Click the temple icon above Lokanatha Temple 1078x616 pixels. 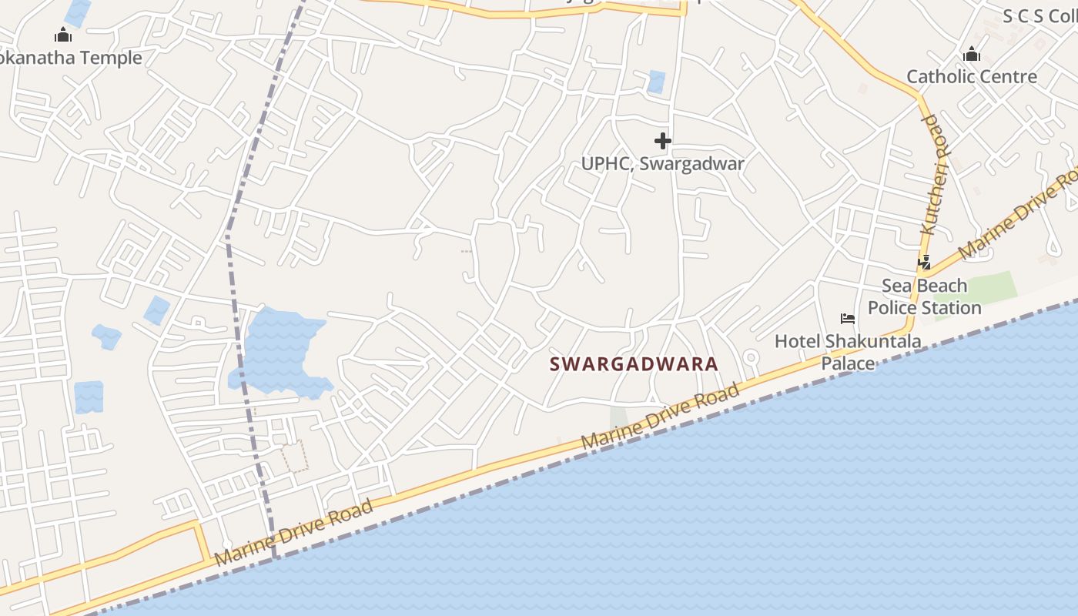point(63,35)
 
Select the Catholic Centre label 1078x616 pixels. point(972,76)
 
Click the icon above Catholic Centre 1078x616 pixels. point(972,54)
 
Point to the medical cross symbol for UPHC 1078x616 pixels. point(662,141)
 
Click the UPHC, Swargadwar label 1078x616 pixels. point(662,163)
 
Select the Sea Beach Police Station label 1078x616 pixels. point(924,296)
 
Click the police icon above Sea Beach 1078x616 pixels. point(924,263)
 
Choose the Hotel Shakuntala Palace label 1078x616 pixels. point(848,351)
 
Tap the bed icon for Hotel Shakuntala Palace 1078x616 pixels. point(848,319)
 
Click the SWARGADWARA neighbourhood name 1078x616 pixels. point(634,364)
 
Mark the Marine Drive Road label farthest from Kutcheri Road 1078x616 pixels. point(295,532)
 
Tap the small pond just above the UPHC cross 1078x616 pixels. point(656,81)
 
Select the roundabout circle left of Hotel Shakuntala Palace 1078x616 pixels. point(752,357)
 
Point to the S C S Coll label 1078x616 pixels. point(1039,16)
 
